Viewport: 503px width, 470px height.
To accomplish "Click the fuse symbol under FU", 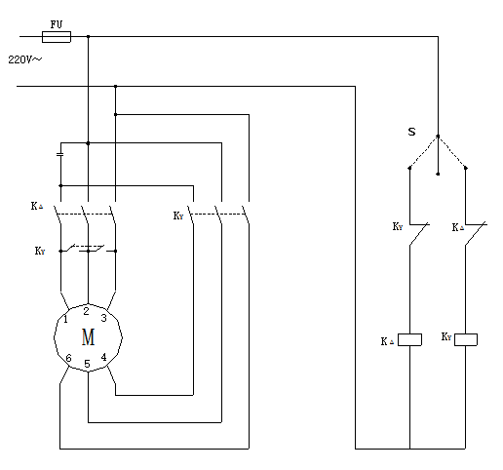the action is click(57, 37).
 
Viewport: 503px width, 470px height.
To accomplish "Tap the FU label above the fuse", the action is click(57, 24).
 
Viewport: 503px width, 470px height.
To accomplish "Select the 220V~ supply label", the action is click(25, 59).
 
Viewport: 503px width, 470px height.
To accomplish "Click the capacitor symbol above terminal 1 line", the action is click(60, 154).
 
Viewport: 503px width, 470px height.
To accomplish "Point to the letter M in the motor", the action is click(88, 337).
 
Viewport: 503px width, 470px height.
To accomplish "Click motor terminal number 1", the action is click(65, 319).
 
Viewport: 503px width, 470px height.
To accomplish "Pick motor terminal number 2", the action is click(86, 311).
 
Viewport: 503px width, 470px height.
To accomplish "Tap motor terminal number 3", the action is click(103, 318).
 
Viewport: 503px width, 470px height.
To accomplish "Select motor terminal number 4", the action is click(103, 357).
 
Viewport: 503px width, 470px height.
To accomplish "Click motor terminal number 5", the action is click(87, 364).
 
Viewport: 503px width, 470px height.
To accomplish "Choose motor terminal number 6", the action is click(68, 358).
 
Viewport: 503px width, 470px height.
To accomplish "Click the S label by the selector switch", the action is click(411, 132).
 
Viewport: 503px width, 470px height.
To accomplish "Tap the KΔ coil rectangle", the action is click(409, 339).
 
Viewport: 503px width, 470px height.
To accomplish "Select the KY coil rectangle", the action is click(466, 339).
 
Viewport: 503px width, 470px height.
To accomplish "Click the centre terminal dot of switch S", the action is click(438, 174).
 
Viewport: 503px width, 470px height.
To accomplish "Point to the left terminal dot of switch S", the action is click(409, 168).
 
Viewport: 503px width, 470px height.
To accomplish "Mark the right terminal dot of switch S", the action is click(466, 168).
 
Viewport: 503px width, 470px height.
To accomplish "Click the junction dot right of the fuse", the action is click(88, 37).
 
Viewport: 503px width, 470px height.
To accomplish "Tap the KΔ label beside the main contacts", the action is click(37, 206).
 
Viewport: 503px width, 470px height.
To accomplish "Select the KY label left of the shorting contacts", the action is click(40, 251).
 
